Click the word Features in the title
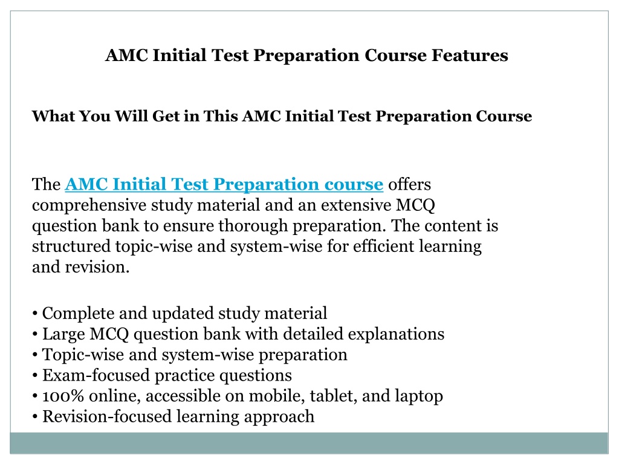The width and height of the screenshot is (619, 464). (x=469, y=55)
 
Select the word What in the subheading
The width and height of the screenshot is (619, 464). (x=53, y=116)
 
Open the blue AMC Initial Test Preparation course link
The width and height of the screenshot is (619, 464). (x=224, y=184)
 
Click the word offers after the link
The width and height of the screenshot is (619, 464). (x=409, y=184)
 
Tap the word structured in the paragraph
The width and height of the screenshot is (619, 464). (x=71, y=246)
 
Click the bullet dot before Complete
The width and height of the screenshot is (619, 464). (x=35, y=314)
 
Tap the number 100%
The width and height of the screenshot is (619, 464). (x=63, y=396)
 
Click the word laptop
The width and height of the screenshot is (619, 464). (x=419, y=396)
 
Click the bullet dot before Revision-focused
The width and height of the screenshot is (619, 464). (x=35, y=417)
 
